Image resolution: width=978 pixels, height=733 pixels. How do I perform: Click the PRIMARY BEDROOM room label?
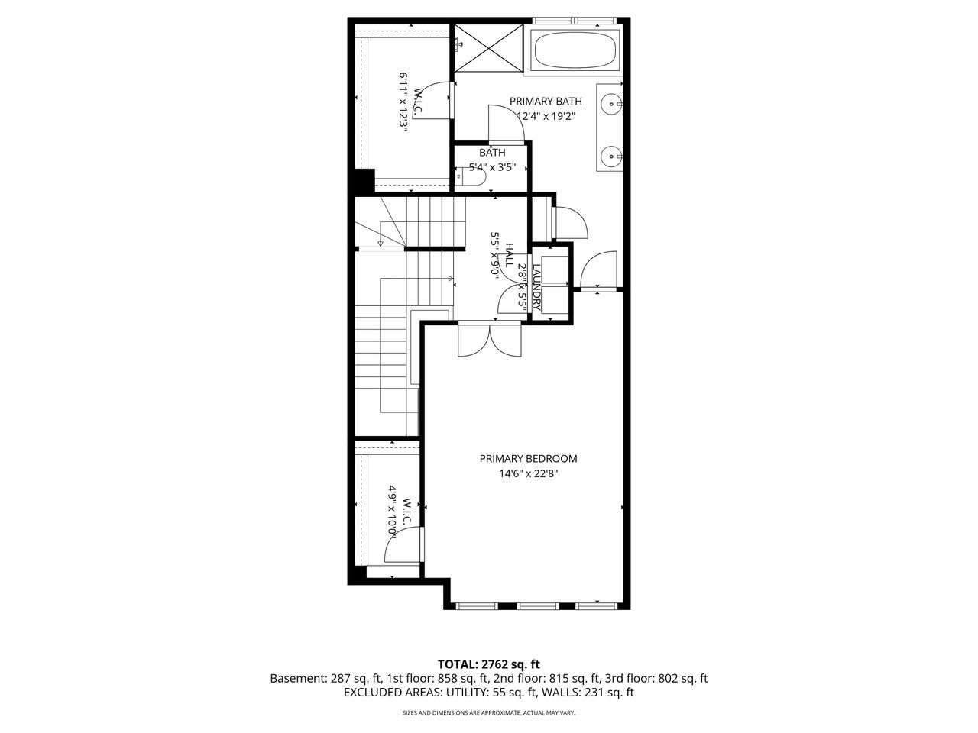tap(528, 459)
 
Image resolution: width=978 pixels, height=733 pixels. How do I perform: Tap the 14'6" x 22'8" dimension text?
tap(528, 473)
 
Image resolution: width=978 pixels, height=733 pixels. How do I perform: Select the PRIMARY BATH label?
tap(546, 102)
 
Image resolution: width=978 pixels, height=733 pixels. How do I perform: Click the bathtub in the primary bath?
tap(574, 50)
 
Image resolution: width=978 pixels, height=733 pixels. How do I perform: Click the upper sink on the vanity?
tap(611, 102)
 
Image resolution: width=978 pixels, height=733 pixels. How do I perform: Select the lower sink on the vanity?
tap(611, 157)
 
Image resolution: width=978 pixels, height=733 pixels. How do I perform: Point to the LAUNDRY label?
tap(537, 286)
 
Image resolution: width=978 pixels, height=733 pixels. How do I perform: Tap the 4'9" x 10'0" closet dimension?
tap(393, 510)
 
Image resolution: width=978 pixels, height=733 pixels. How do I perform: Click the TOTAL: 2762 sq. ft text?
tap(488, 664)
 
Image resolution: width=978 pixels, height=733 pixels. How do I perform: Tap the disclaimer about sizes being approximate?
tap(488, 713)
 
